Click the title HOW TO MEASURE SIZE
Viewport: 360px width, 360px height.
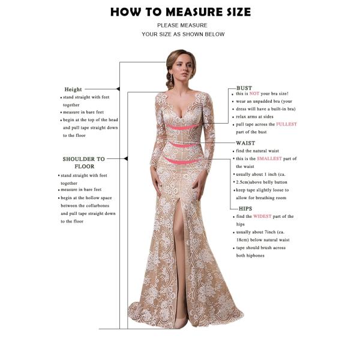coord(181,12)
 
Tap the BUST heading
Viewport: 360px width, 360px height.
coord(244,88)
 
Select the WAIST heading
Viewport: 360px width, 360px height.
coord(245,143)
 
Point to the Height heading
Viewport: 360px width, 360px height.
coord(73,89)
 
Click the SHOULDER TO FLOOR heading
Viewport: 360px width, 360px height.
coord(83,162)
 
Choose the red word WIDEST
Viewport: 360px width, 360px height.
coord(263,216)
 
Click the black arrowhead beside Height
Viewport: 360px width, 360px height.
coord(118,89)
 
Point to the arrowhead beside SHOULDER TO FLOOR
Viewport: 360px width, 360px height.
coord(125,159)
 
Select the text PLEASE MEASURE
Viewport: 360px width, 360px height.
coord(182,25)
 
